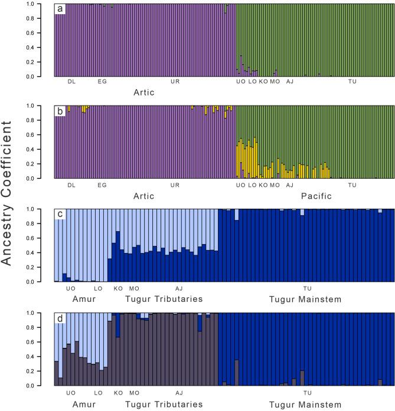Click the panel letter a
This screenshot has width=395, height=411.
[61, 9]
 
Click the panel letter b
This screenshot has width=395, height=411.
[61, 112]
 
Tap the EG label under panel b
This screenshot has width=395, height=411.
[102, 185]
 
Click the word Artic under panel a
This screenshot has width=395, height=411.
[144, 93]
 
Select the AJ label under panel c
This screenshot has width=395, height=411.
[179, 288]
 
